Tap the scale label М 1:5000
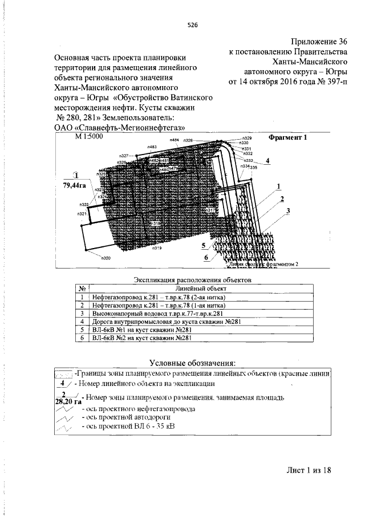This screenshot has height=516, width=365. pyautogui.click(x=89, y=138)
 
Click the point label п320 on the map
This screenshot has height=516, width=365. pyautogui.click(x=106, y=258)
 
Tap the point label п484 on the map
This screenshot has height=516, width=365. pyautogui.click(x=175, y=140)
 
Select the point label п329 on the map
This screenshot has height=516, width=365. pyautogui.click(x=247, y=139)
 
